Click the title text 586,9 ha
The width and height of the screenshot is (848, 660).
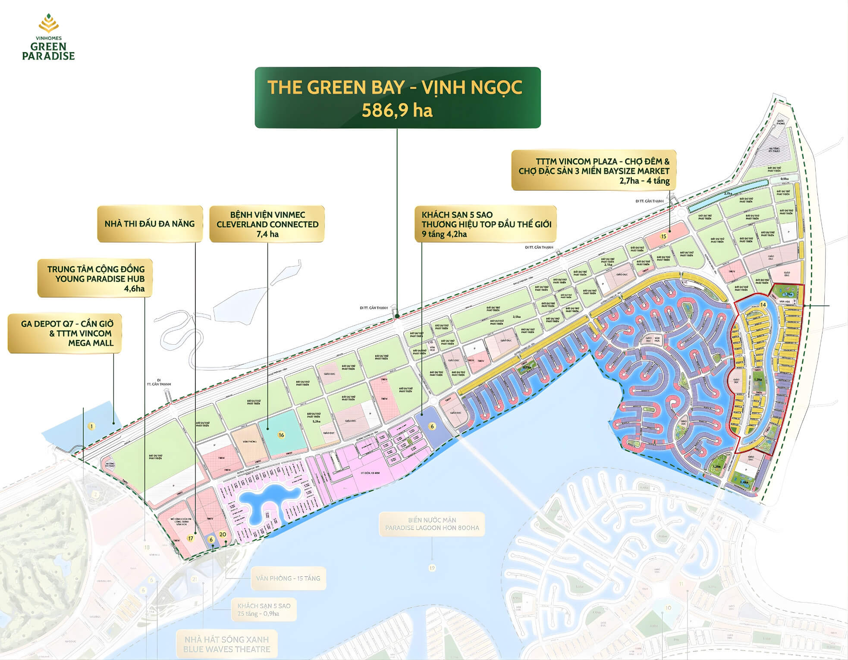[397, 110]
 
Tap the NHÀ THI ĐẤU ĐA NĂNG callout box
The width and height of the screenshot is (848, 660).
[150, 223]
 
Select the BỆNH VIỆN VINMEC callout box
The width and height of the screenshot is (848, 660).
[267, 224]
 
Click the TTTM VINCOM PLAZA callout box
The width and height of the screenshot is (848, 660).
[594, 170]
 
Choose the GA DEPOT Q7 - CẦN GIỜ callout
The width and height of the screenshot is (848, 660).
[65, 333]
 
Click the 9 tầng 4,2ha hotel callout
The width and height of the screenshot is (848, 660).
[486, 224]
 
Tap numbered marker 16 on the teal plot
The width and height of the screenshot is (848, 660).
[281, 435]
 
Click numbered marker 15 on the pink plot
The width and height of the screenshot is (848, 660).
[663, 236]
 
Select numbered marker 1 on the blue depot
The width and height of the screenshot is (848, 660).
[91, 426]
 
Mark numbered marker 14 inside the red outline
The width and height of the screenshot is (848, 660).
[763, 305]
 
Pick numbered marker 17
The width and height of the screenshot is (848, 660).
[191, 538]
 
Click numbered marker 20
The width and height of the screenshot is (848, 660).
[223, 534]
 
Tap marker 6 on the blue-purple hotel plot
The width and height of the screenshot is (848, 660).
[432, 426]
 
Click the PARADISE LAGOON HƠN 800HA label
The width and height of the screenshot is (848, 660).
[432, 524]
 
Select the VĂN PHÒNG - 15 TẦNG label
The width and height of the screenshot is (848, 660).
[288, 578]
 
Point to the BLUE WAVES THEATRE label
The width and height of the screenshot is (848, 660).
[226, 644]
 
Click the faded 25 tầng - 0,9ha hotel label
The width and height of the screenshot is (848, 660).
[264, 610]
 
